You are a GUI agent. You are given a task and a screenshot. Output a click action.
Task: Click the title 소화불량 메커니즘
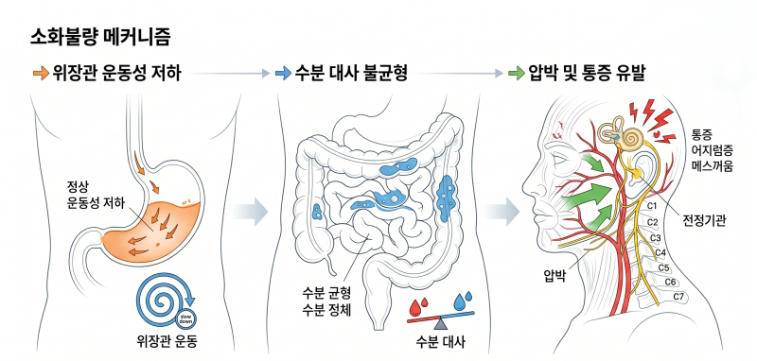point(100,38)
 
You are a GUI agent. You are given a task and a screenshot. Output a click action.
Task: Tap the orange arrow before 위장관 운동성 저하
point(41,74)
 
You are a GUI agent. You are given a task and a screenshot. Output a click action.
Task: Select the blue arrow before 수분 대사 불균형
point(282,74)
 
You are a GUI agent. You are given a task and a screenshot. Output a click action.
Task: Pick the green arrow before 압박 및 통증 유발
point(516,74)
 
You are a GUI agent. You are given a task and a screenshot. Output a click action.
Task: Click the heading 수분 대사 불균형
point(351,74)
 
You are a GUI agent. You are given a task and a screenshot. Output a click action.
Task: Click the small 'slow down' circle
point(185,318)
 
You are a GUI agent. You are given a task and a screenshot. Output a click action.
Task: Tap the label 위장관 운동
point(167,343)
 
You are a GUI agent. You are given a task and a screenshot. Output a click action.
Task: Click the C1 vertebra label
point(652,207)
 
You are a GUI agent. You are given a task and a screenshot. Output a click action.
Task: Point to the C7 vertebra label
point(678,297)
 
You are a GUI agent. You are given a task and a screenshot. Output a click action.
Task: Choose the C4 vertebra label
point(660,252)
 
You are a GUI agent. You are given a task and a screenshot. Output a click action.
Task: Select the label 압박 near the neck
point(554,277)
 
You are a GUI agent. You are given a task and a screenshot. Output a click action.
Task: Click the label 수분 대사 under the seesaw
point(440,343)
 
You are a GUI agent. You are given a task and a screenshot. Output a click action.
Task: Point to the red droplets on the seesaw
point(418,306)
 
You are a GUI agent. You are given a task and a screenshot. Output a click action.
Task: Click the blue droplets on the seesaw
point(463,300)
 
